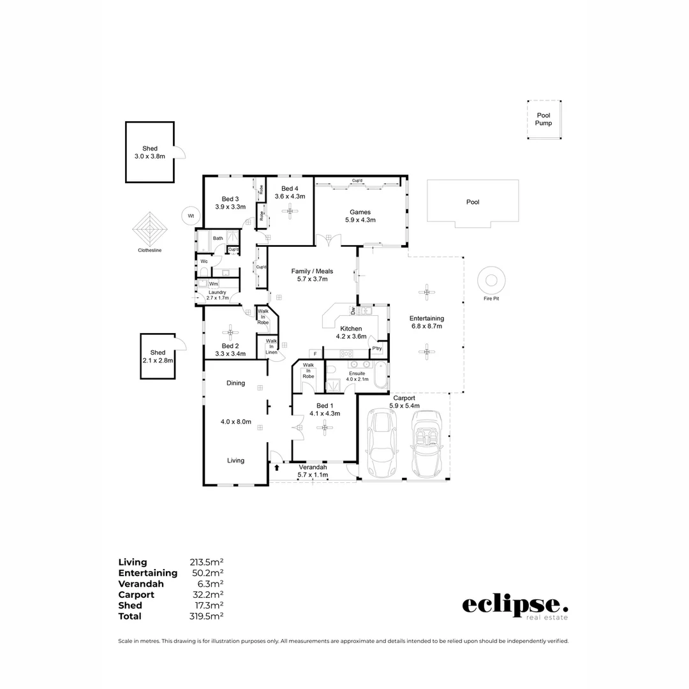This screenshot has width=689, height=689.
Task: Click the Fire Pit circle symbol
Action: pyautogui.click(x=492, y=280)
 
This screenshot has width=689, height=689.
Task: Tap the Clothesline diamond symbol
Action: pyautogui.click(x=150, y=230)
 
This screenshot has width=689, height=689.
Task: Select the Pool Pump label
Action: pyautogui.click(x=544, y=119)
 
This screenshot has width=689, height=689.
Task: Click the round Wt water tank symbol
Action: pyautogui.click(x=190, y=216)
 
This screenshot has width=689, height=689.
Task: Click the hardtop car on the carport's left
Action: pyautogui.click(x=382, y=444)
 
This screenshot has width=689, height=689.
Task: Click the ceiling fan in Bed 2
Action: pyautogui.click(x=230, y=331)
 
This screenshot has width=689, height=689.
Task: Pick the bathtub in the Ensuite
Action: pyautogui.click(x=381, y=376)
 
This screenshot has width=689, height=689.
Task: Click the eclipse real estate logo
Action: pyautogui.click(x=514, y=606)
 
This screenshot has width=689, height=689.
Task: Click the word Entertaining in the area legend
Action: pyautogui.click(x=147, y=573)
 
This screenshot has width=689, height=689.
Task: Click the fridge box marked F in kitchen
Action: pyautogui.click(x=315, y=353)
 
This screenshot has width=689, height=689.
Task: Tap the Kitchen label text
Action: pyautogui.click(x=351, y=329)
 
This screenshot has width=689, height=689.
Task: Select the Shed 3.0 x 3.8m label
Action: pyautogui.click(x=150, y=152)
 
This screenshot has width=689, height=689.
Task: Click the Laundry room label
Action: pyautogui.click(x=214, y=292)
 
